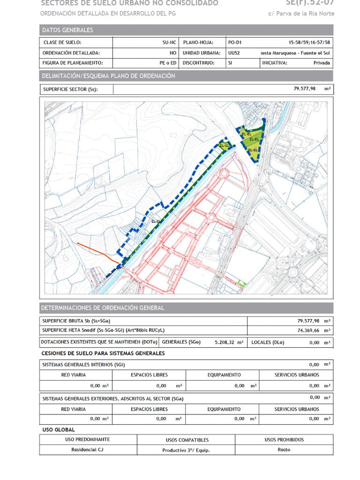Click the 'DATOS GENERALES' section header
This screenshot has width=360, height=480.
67,30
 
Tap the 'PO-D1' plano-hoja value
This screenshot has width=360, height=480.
235,42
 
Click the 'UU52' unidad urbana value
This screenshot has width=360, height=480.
234,53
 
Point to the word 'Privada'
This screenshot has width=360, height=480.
322,63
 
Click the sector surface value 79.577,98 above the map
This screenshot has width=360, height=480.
304,88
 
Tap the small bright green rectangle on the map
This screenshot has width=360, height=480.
241,282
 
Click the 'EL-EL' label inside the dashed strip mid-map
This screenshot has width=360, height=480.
156,221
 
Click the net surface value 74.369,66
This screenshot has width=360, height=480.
307,330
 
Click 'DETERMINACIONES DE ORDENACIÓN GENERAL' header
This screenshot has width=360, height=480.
103,308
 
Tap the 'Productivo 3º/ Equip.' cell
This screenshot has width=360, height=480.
186,450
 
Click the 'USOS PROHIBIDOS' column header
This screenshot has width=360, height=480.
284,440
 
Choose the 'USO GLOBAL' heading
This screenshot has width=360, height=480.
59,429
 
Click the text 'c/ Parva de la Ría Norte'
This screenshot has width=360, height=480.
301,13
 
